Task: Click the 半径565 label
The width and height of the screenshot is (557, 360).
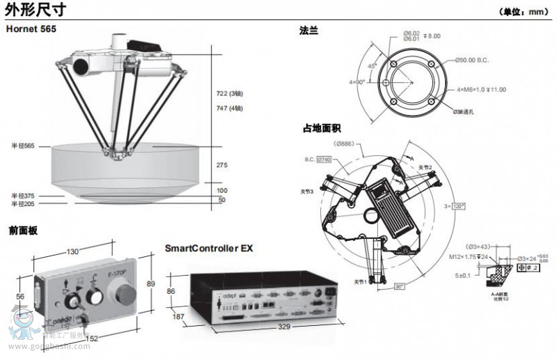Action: click(22, 146)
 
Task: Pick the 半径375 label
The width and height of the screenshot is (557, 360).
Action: click(22, 196)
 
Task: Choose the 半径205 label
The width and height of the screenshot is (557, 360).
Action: click(22, 204)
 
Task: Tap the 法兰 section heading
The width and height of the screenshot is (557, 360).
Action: click(308, 31)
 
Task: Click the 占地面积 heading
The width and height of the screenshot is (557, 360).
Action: click(321, 127)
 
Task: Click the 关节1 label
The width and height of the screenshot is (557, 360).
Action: click(360, 282)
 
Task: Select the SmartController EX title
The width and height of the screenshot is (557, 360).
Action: click(208, 247)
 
